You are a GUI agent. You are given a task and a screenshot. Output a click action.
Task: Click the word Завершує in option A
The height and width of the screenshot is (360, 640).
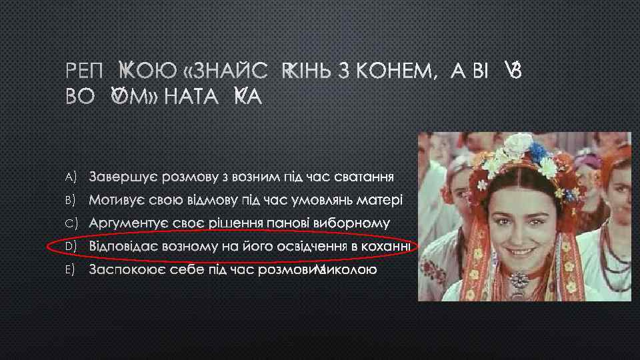(120, 177)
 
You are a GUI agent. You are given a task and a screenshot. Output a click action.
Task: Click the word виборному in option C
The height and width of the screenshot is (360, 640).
(357, 223)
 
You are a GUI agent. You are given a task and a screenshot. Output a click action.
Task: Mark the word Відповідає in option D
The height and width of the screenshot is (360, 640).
(125, 247)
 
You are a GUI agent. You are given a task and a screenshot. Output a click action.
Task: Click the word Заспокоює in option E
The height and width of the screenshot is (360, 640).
(124, 270)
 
